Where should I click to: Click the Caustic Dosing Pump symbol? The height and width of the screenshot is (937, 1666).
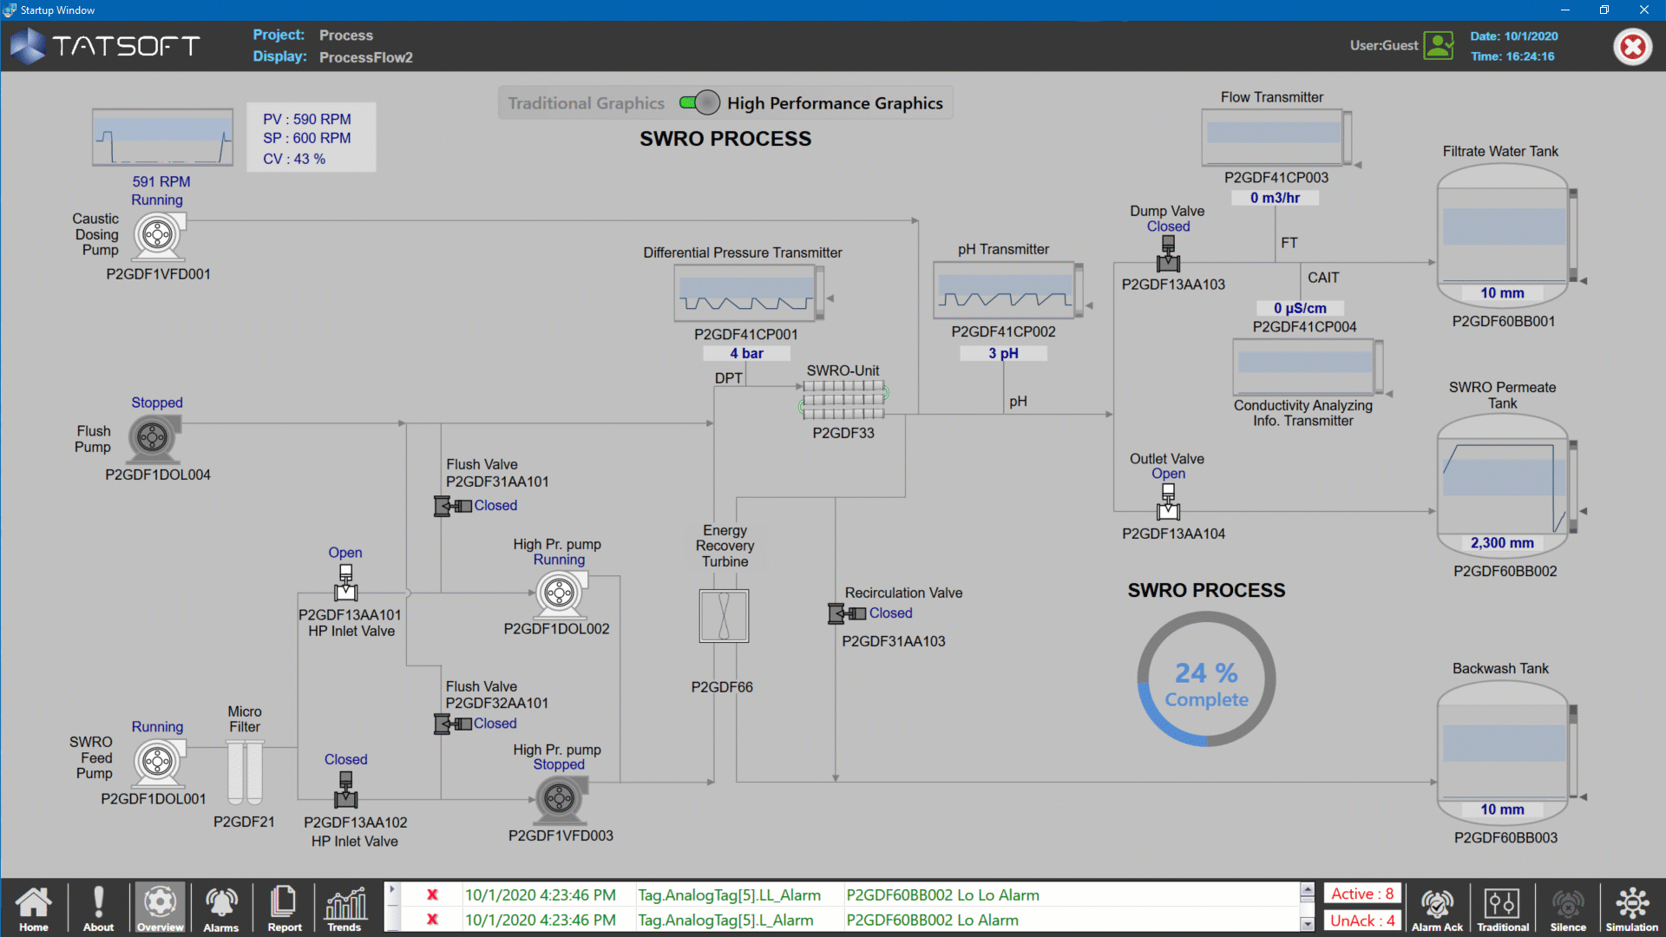pyautogui.click(x=158, y=235)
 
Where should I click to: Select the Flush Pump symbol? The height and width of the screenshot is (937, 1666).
pyautogui.click(x=154, y=437)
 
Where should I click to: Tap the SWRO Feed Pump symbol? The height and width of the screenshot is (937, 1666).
pyautogui.click(x=159, y=762)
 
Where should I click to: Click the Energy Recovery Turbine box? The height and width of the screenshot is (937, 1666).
pyautogui.click(x=724, y=616)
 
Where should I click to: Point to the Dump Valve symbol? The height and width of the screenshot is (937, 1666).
pyautogui.click(x=1168, y=254)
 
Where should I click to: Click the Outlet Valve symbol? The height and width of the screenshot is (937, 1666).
pyautogui.click(x=1168, y=501)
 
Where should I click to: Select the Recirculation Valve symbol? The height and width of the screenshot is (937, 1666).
pyautogui.click(x=847, y=614)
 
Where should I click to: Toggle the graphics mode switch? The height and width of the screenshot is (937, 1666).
pyautogui.click(x=699, y=103)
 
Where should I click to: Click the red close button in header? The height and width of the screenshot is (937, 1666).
pyautogui.click(x=1632, y=46)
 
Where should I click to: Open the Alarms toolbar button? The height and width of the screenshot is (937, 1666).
pyautogui.click(x=221, y=908)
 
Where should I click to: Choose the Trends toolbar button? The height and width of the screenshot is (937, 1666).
pyautogui.click(x=344, y=908)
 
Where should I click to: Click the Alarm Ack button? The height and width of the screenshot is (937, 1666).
pyautogui.click(x=1437, y=908)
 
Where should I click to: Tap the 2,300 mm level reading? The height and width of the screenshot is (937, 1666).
pyautogui.click(x=1502, y=543)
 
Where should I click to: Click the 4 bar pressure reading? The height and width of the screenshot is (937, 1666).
pyautogui.click(x=746, y=353)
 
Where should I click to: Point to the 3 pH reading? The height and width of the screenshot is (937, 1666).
pyautogui.click(x=1003, y=353)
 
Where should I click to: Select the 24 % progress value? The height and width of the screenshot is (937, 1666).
pyautogui.click(x=1206, y=673)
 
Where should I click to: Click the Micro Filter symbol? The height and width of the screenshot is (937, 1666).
pyautogui.click(x=245, y=772)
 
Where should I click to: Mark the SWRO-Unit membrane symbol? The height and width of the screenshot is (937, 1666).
pyautogui.click(x=843, y=400)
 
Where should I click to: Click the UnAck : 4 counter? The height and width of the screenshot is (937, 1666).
pyautogui.click(x=1362, y=921)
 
